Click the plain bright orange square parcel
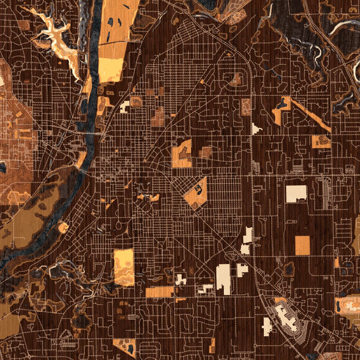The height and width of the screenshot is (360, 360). click(x=302, y=245)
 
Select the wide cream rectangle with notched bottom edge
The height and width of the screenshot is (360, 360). click(x=296, y=193)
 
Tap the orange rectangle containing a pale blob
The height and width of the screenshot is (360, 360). click(x=124, y=267)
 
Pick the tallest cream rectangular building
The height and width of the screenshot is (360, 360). click(x=223, y=279)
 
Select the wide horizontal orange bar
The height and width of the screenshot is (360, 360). click(x=160, y=292)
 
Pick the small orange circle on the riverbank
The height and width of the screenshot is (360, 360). click(x=63, y=227)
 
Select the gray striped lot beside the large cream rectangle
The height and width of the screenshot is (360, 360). click(x=326, y=193)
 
